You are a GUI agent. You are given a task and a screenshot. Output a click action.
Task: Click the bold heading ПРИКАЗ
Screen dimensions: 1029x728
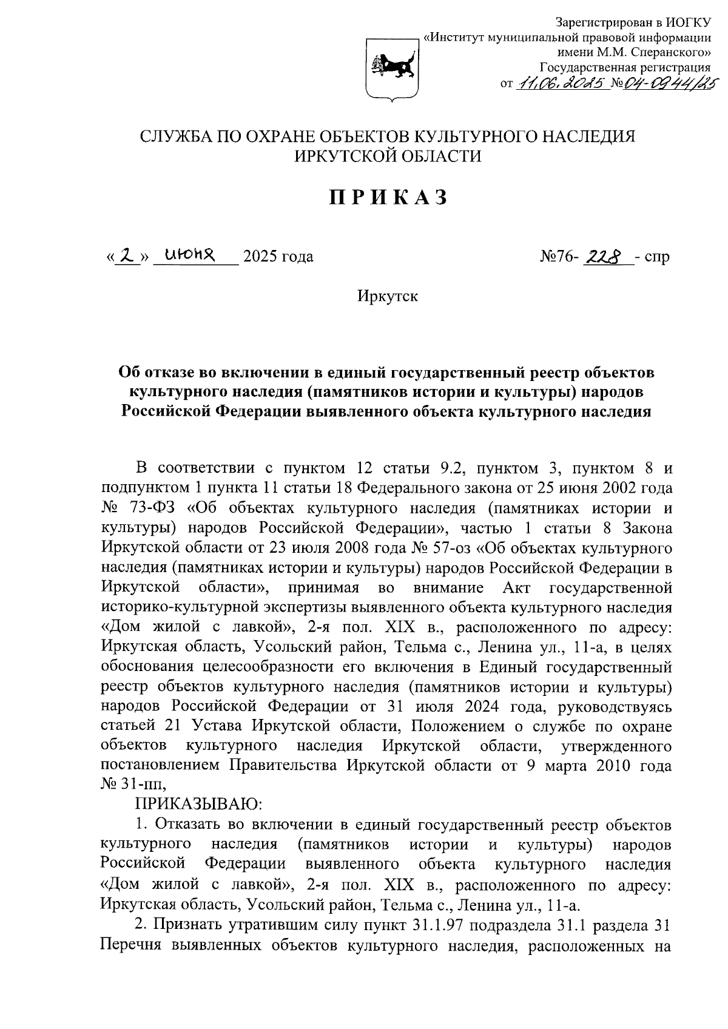tap(389, 197)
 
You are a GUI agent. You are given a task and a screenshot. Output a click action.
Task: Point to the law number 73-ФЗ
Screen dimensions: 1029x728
tap(149, 508)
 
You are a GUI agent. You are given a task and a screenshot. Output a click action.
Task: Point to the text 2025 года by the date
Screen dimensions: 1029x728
tap(278, 257)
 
